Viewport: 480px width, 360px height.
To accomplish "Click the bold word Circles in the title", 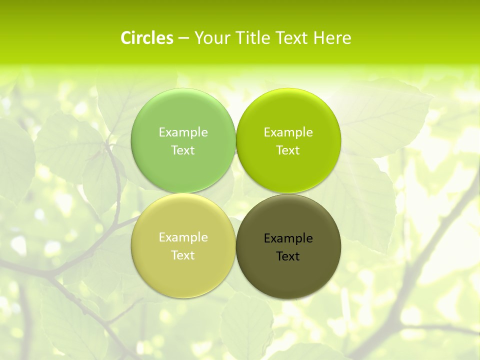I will [x=147, y=38].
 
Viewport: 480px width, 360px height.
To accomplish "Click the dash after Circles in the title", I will [x=183, y=38].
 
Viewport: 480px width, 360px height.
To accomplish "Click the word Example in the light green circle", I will [x=183, y=132].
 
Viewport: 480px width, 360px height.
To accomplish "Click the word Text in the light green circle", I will [x=183, y=150].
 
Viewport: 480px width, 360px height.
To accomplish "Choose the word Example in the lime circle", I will [x=288, y=132].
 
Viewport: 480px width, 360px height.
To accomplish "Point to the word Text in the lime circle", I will [x=288, y=150].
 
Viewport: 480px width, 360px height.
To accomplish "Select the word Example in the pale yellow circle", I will [x=183, y=237].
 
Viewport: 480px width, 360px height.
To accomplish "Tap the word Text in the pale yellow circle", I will [x=183, y=255].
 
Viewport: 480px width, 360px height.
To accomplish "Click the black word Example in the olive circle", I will [x=288, y=238].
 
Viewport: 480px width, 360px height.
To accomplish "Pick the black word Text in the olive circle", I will [x=288, y=256].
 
